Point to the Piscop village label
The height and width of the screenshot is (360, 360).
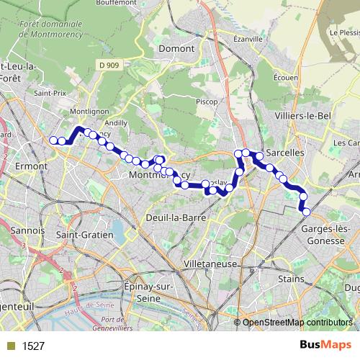click(x=207, y=102)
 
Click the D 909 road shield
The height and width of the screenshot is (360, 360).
click(x=109, y=66)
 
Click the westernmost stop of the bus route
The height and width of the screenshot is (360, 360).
click(x=53, y=140)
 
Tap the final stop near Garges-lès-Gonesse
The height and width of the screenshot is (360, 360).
click(x=306, y=212)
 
